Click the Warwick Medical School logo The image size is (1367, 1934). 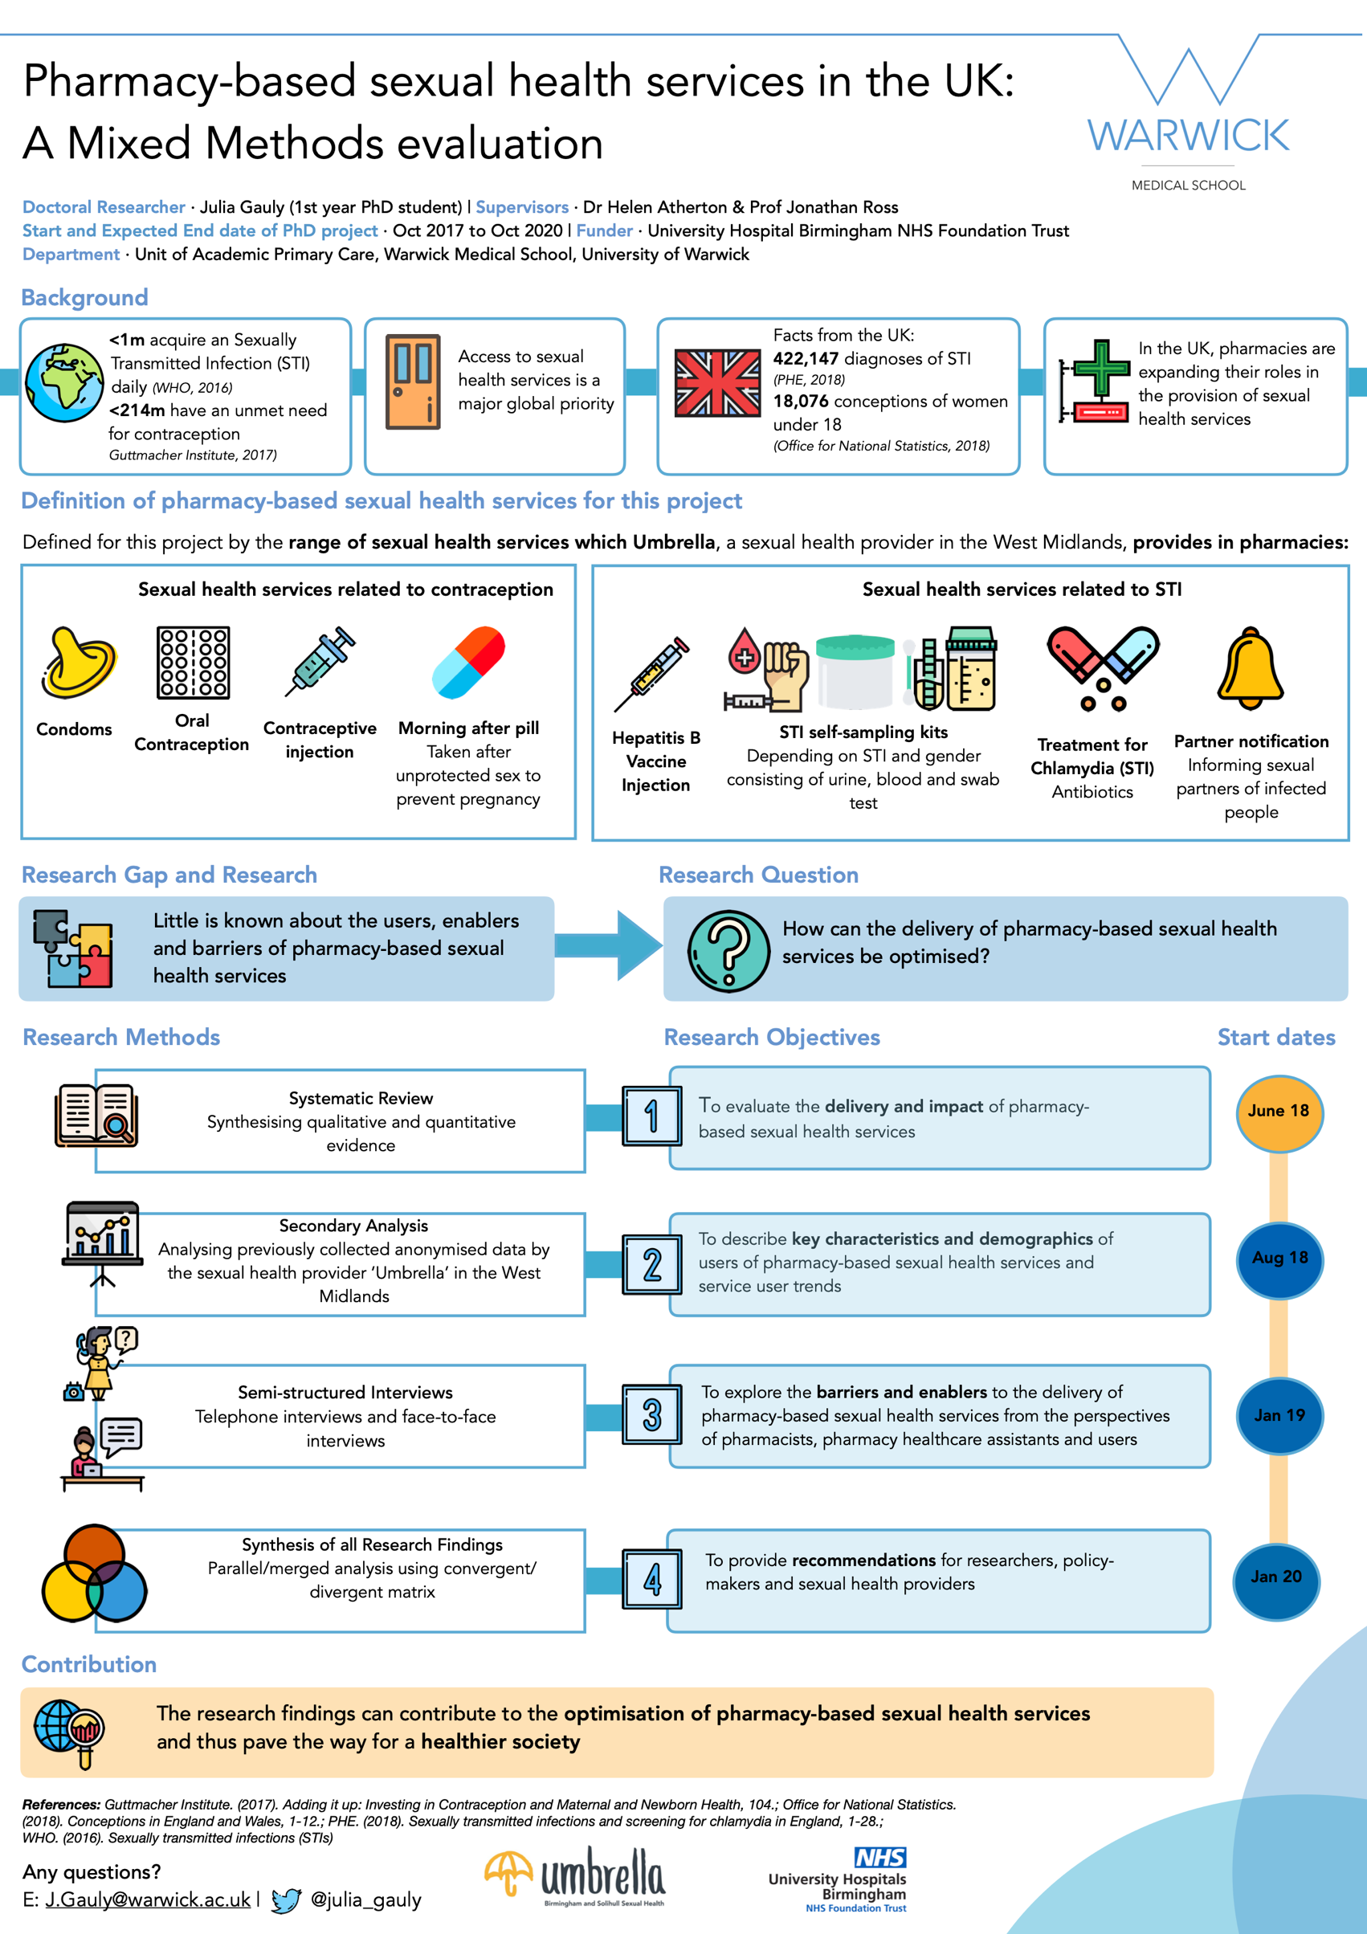click(x=1188, y=114)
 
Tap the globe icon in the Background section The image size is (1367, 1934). click(x=64, y=382)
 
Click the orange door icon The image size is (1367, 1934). click(x=413, y=381)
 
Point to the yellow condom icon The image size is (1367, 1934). click(x=77, y=663)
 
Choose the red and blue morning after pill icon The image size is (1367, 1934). click(x=468, y=663)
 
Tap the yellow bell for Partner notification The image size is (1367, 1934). click(x=1250, y=668)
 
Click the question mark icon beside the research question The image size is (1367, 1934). click(x=728, y=951)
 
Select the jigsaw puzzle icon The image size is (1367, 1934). click(x=73, y=949)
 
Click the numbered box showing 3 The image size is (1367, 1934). click(x=651, y=1415)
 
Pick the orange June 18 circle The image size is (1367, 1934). click(x=1279, y=1112)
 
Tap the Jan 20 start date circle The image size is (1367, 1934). click(x=1276, y=1577)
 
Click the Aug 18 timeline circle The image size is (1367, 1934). click(x=1279, y=1259)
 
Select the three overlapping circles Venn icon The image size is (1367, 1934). click(x=94, y=1573)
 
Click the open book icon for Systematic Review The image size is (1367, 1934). click(x=96, y=1116)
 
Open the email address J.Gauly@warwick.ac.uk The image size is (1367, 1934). click(x=148, y=1899)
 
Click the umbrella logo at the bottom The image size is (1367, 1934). click(x=575, y=1876)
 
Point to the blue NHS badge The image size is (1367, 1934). click(x=880, y=1858)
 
